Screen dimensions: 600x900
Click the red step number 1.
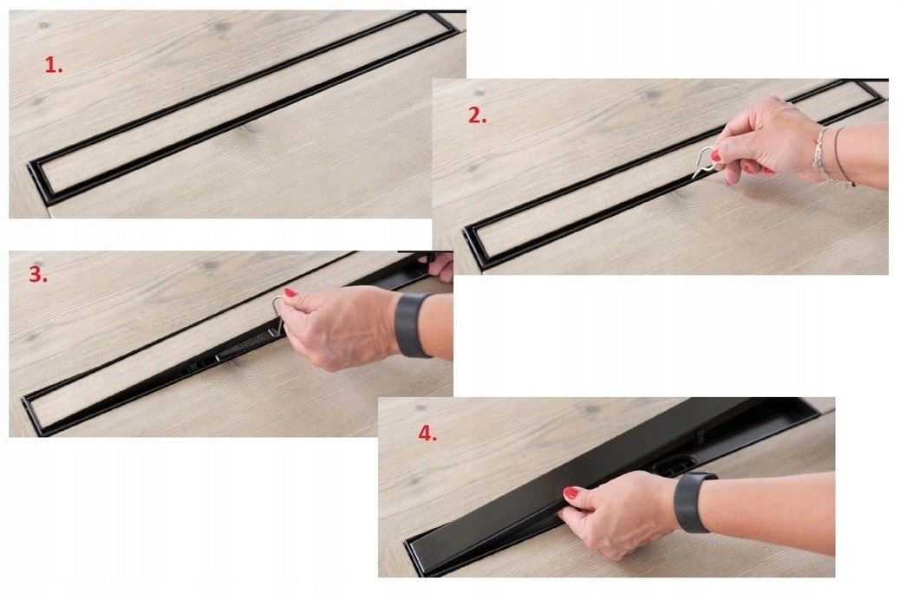pyautogui.click(x=54, y=65)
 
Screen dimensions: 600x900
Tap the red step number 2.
pyautogui.click(x=477, y=116)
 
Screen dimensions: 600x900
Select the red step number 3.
pyautogui.click(x=37, y=275)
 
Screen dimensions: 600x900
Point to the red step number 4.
pyautogui.click(x=427, y=434)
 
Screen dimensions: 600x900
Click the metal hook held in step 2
pyautogui.click(x=705, y=163)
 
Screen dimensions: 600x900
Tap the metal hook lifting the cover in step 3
pyautogui.click(x=277, y=316)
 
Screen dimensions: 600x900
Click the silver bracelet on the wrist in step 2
pyautogui.click(x=818, y=153)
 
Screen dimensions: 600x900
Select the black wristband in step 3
pyautogui.click(x=412, y=324)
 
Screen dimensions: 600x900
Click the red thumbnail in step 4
pyautogui.click(x=571, y=492)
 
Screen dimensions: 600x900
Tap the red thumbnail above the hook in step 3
pyautogui.click(x=290, y=293)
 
